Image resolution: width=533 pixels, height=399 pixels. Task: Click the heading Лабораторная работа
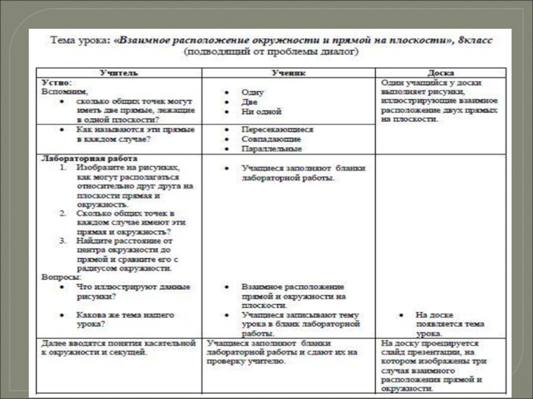point(89,160)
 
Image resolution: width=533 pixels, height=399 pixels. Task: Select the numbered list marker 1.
point(62,169)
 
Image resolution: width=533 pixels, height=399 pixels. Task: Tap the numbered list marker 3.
point(62,241)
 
